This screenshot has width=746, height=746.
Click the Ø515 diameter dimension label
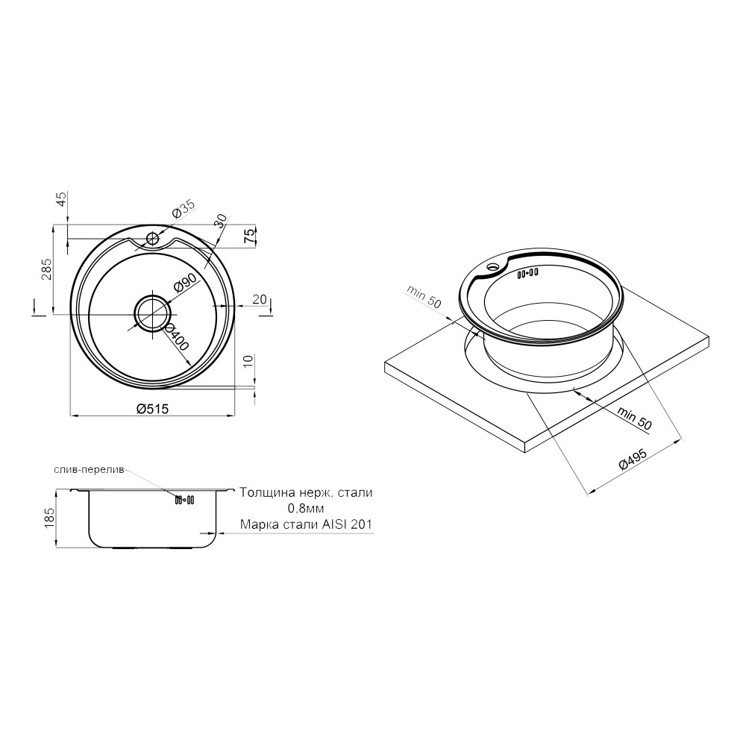(152, 409)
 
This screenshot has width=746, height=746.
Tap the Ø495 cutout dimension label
(633, 459)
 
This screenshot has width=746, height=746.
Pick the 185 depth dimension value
(49, 518)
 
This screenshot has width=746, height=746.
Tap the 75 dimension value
(249, 236)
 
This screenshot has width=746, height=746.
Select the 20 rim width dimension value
(260, 299)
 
